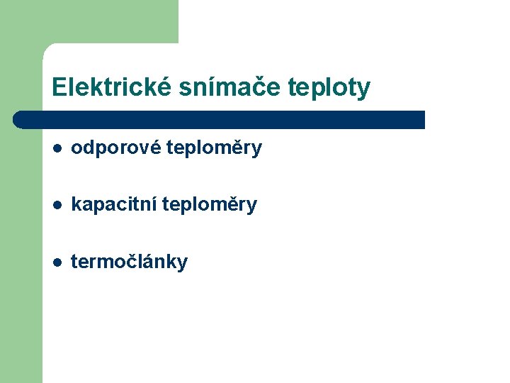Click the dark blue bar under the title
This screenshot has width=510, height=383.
220,119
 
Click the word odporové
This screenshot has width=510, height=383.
115,148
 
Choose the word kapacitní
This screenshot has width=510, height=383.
114,205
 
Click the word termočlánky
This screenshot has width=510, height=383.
130,262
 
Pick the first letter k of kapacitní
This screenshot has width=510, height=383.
76,205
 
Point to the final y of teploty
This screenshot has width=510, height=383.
364,89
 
